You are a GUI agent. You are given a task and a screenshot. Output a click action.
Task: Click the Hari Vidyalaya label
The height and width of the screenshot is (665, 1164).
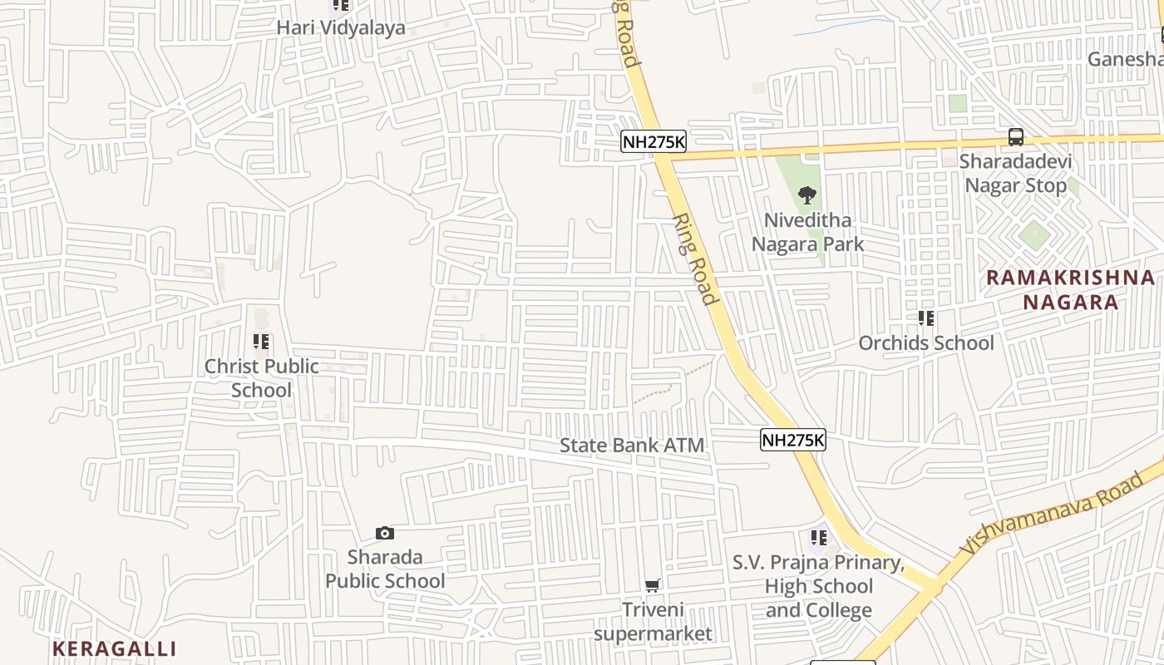(x=341, y=27)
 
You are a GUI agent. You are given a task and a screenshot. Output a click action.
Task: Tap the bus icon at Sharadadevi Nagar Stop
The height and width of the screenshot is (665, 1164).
(x=1015, y=137)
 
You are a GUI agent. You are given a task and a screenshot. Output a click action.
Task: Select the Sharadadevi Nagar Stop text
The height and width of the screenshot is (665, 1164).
(x=1015, y=173)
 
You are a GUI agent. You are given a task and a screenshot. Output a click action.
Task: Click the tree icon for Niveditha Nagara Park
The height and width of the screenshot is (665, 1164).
(x=806, y=196)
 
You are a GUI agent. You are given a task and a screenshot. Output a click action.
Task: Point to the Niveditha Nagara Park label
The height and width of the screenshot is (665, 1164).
(x=807, y=232)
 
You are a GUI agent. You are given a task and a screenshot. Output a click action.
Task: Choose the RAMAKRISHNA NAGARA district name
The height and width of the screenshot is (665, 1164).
(x=1070, y=289)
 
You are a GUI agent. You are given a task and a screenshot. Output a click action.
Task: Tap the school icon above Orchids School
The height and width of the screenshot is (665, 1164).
(x=926, y=318)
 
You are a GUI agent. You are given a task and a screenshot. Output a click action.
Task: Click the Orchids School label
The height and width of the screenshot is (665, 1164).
(x=926, y=342)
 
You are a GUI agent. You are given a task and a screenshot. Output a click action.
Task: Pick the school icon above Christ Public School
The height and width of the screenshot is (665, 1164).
(x=261, y=342)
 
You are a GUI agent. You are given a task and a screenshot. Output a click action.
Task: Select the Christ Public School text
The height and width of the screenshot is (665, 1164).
(x=261, y=378)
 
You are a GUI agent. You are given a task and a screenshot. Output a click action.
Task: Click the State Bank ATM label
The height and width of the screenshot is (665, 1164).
(x=632, y=445)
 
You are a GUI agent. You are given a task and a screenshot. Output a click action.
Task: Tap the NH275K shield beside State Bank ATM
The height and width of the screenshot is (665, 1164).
(x=792, y=440)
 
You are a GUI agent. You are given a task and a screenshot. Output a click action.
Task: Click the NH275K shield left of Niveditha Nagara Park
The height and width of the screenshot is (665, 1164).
(x=654, y=142)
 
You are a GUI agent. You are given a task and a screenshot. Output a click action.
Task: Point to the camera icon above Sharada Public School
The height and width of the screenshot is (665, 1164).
(x=384, y=533)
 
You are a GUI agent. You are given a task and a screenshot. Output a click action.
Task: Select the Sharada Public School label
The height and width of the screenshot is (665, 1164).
(x=385, y=569)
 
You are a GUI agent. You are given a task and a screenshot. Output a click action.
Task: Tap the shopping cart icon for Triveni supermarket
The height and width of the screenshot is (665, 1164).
(x=653, y=586)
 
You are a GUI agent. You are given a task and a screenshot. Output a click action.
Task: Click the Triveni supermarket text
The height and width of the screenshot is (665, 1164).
(x=653, y=622)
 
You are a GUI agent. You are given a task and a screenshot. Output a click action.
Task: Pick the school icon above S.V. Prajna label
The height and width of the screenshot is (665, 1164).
(x=819, y=538)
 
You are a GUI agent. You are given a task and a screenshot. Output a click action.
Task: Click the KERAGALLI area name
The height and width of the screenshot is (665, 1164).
(x=115, y=648)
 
